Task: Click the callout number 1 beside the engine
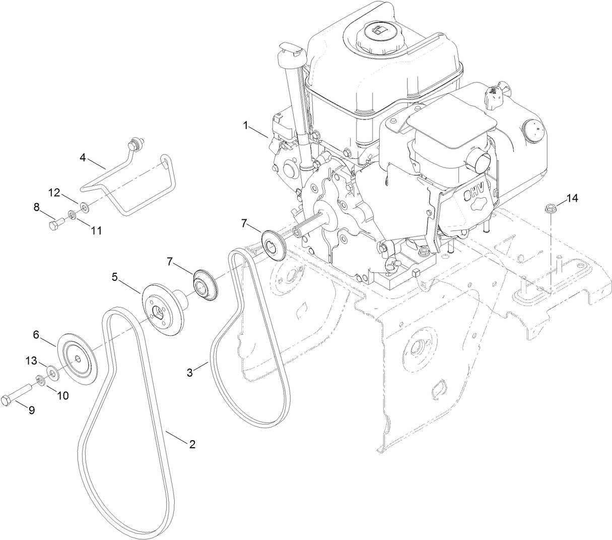point(246,126)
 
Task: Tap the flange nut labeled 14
point(550,208)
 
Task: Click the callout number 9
point(31,410)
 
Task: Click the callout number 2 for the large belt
point(192,444)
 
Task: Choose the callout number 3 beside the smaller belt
point(189,373)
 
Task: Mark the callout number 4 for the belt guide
point(83,157)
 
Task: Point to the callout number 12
point(54,192)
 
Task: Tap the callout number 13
point(31,361)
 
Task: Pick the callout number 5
point(114,277)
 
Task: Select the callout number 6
point(36,334)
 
